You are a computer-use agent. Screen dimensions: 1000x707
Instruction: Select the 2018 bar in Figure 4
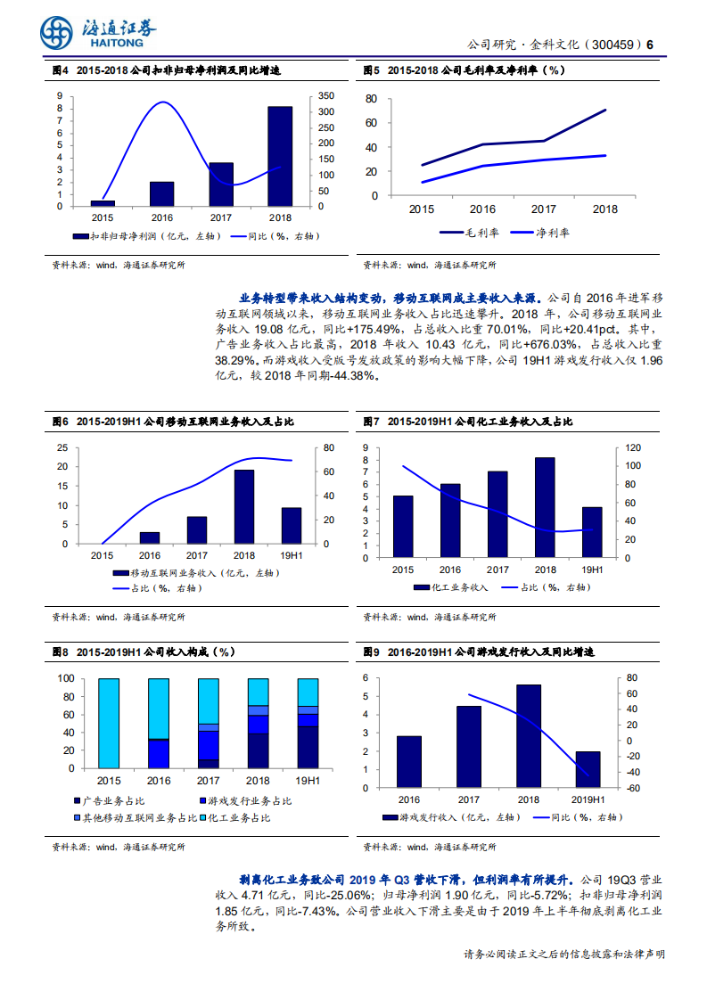click(280, 157)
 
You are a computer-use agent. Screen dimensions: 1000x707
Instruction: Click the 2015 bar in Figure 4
click(103, 203)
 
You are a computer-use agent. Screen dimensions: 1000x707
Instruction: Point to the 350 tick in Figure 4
click(326, 95)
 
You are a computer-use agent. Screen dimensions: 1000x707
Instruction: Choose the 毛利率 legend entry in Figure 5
click(467, 232)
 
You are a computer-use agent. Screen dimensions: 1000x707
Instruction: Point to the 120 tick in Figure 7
click(631, 447)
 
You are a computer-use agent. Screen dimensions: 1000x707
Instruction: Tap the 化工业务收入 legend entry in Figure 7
click(452, 587)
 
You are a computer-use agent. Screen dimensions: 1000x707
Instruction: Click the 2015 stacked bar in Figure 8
click(109, 723)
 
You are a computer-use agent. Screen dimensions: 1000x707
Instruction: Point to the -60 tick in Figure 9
click(633, 789)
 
